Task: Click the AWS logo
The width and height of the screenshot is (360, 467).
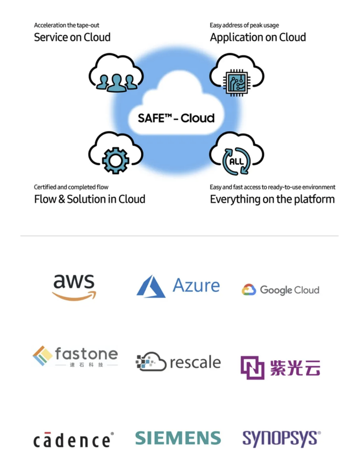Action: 74,287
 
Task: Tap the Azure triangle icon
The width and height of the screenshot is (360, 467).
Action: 151,287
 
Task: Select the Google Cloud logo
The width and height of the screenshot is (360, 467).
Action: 280,290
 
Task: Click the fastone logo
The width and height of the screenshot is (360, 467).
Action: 75,356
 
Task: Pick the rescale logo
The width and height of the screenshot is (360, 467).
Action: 178,362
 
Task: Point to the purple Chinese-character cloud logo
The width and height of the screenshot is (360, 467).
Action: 280,368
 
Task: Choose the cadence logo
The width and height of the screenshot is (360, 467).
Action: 73,440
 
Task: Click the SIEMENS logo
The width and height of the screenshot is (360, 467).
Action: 178,438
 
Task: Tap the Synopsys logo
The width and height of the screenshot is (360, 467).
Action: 282,439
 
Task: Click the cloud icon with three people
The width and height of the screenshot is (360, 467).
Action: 116,73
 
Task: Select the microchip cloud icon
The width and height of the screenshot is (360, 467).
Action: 237,75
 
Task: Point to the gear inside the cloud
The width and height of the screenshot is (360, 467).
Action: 116,160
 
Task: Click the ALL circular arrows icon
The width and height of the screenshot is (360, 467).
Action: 236,161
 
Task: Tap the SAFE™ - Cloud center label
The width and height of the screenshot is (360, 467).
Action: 176,118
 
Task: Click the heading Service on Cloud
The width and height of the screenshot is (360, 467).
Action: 72,38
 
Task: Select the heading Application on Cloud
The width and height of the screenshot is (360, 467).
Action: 258,38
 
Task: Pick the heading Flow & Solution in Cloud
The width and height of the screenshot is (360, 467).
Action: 90,199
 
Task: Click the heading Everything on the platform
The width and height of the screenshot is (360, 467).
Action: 272,199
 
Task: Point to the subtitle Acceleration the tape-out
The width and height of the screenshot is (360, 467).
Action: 67,25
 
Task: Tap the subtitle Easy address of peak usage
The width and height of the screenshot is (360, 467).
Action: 244,25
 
